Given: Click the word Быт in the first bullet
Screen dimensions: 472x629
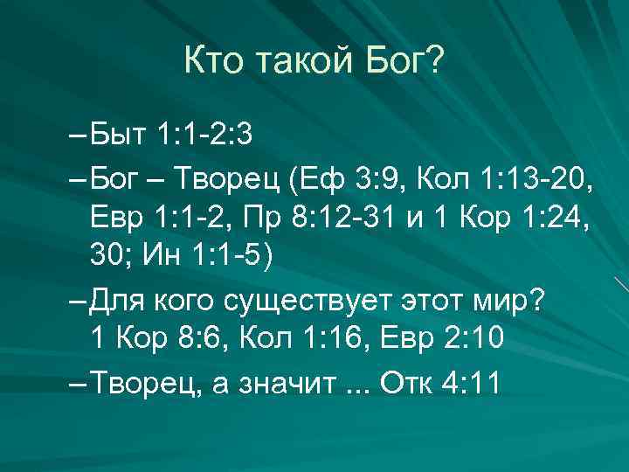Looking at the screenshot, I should [121, 138].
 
